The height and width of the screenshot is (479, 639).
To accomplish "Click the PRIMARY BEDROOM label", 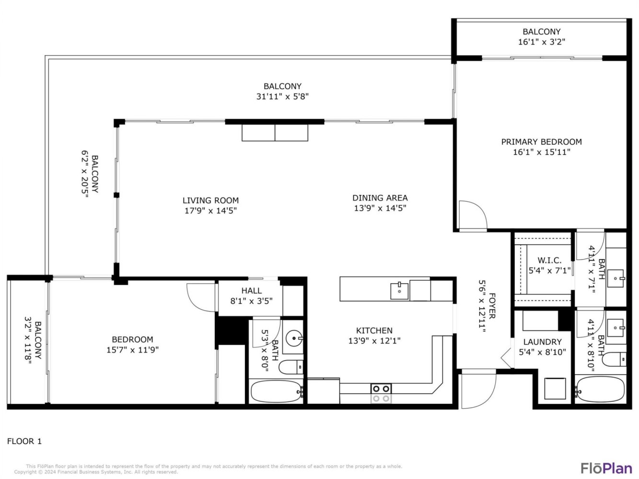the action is coord(541,142).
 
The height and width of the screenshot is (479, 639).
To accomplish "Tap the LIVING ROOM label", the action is coord(210,200).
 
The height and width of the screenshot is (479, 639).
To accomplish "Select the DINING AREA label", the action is coord(380,198).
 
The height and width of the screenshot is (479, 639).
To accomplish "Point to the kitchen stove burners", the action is coord(381,394).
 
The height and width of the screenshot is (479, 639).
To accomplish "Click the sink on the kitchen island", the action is coord(399,291).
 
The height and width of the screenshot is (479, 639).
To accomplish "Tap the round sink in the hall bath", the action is coord(294,338).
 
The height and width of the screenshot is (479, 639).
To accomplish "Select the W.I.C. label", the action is coord(549,260).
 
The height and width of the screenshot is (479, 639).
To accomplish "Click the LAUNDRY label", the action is coord(542,342).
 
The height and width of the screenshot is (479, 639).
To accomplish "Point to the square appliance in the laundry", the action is coord(555,388).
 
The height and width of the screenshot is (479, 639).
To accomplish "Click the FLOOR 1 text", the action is coord(24,441).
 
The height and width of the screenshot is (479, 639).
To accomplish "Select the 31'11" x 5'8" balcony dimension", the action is coord(282,97).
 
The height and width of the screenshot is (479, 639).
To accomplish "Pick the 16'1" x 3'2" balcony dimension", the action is coord(541,42).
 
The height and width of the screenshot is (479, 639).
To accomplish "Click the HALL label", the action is coord(251,291).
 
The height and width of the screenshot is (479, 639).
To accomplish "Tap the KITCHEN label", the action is coord(374,331).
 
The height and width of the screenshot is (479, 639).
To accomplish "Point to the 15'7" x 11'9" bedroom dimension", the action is coord(132,350).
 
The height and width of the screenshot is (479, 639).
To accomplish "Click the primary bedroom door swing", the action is coord(473,215).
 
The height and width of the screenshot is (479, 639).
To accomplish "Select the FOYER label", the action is coord(492,306).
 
